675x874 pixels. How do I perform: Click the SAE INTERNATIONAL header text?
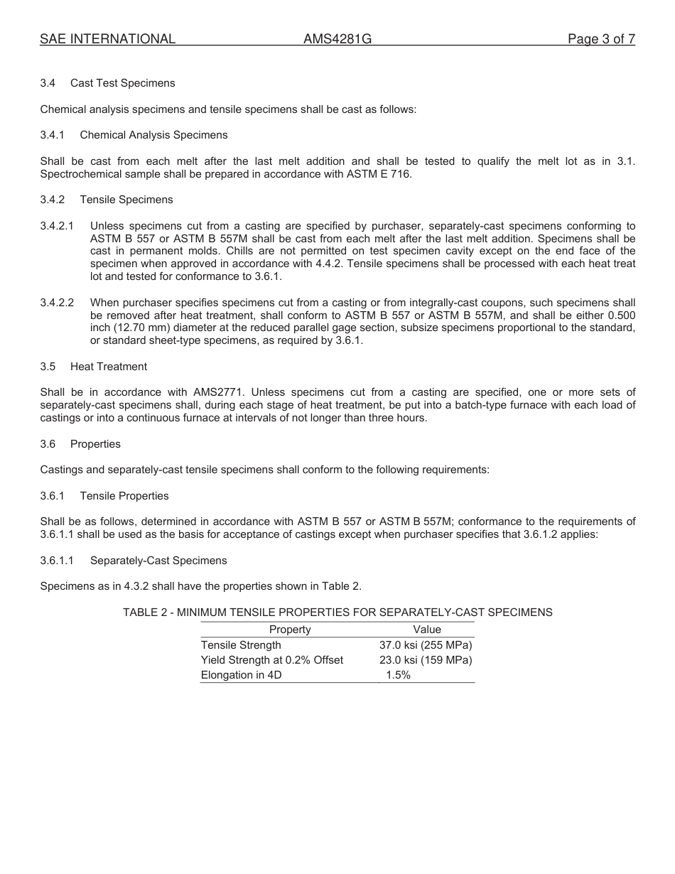[x=107, y=40]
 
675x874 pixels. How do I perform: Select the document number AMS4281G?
[x=337, y=40]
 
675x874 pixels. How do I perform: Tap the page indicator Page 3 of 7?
[x=601, y=40]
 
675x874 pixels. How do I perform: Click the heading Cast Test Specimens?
[x=122, y=83]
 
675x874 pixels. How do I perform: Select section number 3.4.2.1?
[x=57, y=226]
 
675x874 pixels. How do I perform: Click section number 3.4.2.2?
[x=57, y=303]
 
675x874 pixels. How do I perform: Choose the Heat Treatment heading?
[x=109, y=367]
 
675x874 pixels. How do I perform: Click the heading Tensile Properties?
[x=124, y=496]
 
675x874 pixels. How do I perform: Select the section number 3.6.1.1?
[x=57, y=561]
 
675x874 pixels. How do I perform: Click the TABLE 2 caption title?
[x=337, y=612]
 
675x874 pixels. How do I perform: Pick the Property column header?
[x=290, y=630]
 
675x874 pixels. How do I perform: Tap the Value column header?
[x=427, y=630]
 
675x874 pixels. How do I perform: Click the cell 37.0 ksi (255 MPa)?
[x=426, y=645]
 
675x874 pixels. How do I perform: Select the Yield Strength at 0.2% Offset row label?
[x=272, y=660]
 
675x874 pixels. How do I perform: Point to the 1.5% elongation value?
[x=398, y=675]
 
